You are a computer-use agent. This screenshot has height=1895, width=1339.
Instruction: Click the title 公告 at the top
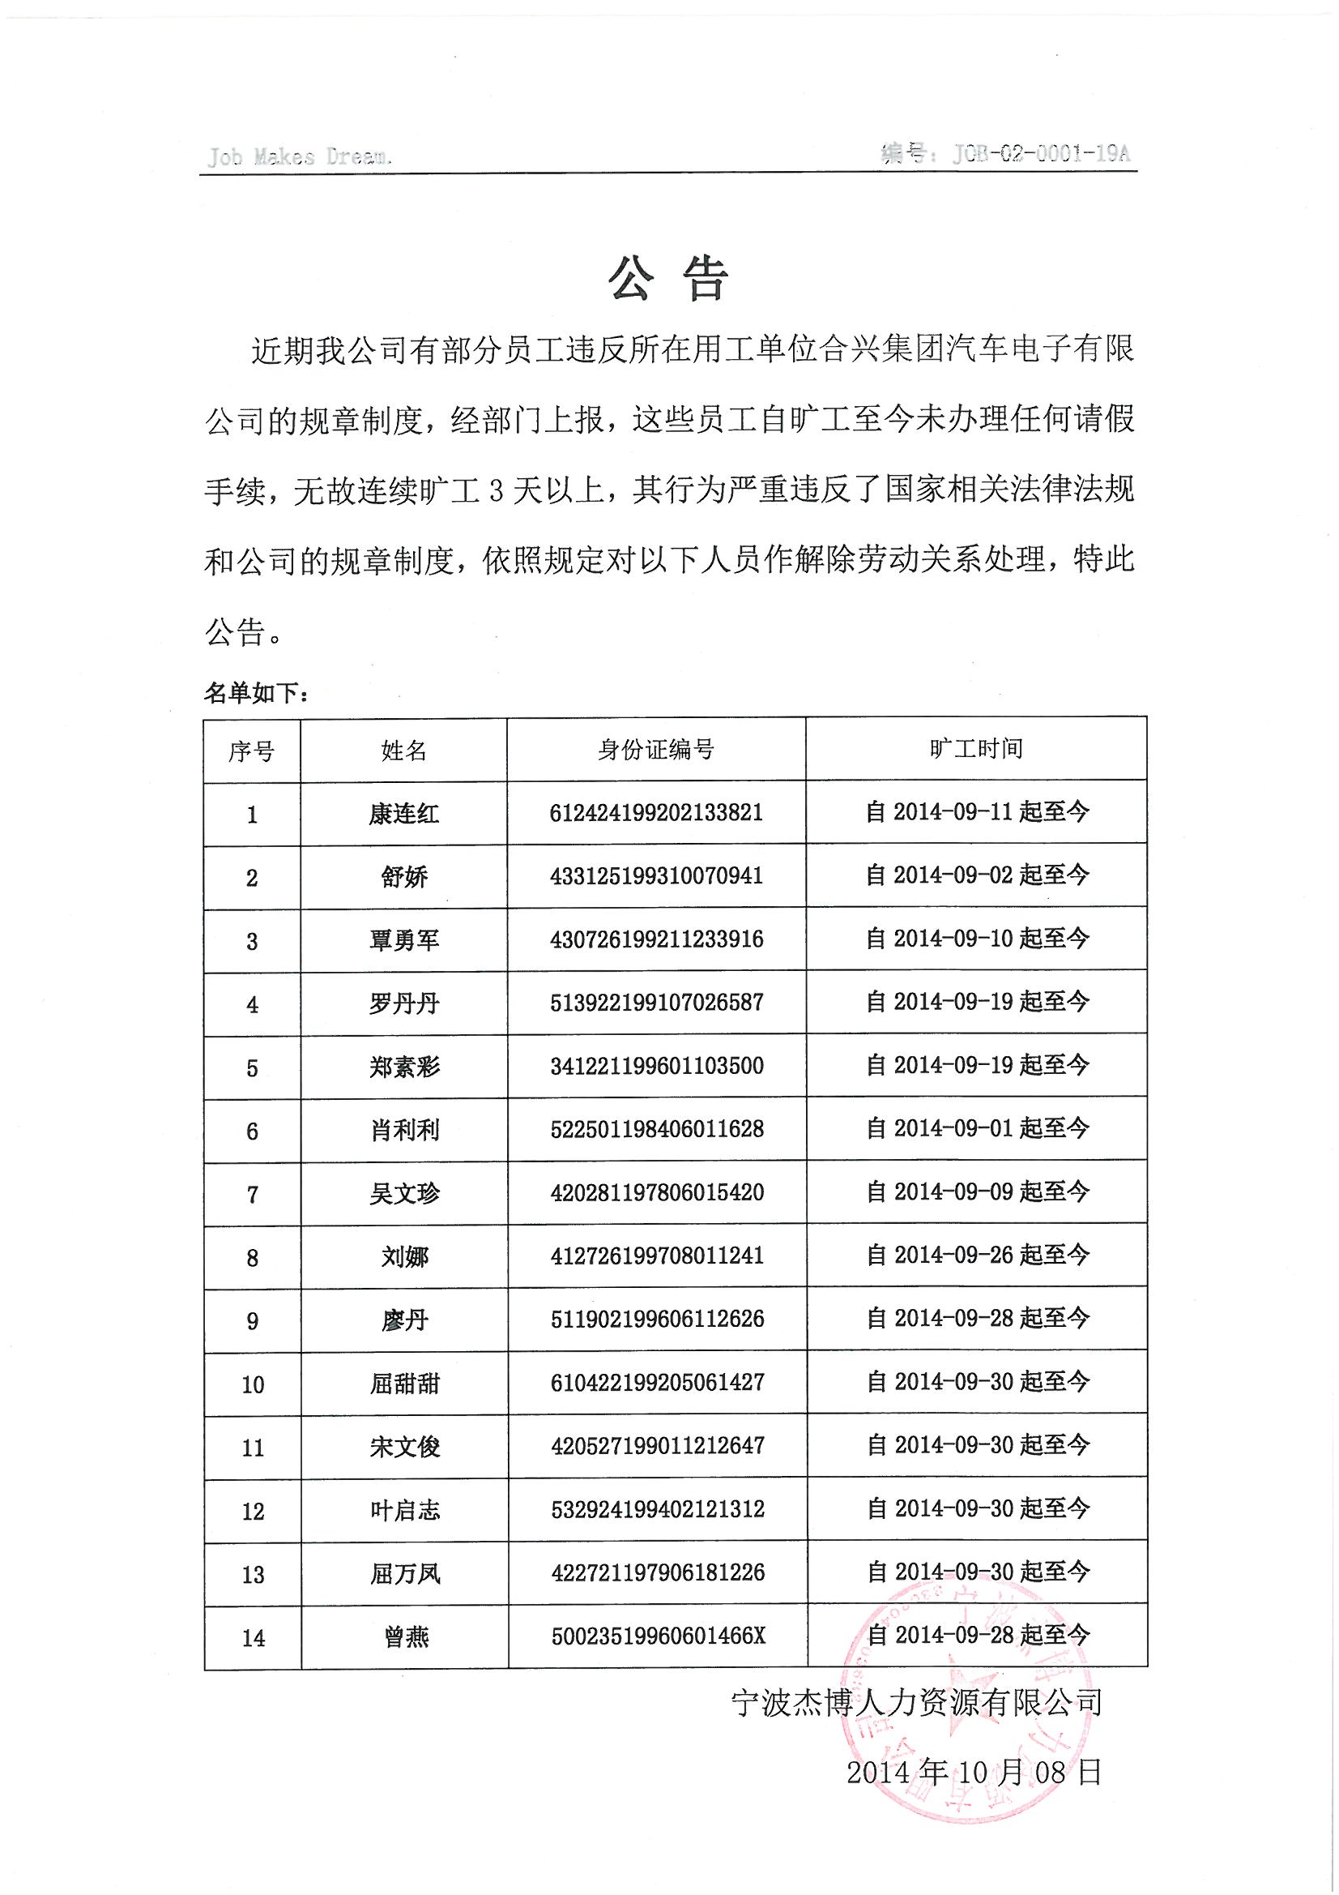(x=668, y=278)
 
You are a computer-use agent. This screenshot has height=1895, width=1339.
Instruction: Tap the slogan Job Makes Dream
(x=299, y=156)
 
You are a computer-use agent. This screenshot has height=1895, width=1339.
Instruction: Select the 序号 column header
(x=252, y=751)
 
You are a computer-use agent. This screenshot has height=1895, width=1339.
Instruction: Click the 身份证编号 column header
(x=656, y=750)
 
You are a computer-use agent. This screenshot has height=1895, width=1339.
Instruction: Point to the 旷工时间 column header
(x=976, y=749)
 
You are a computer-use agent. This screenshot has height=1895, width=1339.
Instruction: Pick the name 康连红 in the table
(x=403, y=814)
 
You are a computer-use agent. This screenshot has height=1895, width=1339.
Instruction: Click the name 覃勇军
(x=403, y=940)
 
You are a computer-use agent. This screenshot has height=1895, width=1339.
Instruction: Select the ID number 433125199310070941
(x=656, y=875)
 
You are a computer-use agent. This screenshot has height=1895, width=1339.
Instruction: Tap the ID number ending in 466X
(x=658, y=1635)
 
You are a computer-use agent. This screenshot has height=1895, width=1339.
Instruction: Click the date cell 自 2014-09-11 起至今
(x=977, y=812)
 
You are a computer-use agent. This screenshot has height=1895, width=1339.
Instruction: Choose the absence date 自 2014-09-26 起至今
(x=978, y=1255)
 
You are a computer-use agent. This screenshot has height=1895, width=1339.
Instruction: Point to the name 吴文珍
(x=404, y=1193)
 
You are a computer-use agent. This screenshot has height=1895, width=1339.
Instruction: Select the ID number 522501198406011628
(x=657, y=1129)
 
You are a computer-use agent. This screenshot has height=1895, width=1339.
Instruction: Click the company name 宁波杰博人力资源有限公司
(x=917, y=1702)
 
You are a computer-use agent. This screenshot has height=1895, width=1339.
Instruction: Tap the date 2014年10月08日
(x=974, y=1771)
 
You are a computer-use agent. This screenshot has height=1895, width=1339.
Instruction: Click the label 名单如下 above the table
(x=257, y=693)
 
